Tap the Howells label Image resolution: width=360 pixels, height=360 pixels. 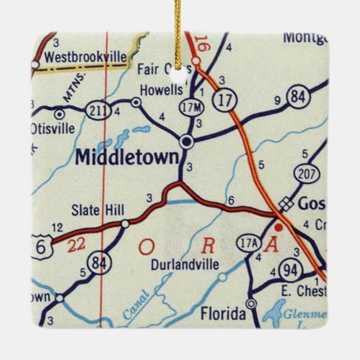[161, 90]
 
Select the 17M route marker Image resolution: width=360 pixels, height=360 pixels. [187, 106]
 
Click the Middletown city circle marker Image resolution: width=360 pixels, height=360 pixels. [187, 141]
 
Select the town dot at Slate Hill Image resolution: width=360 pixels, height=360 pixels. [125, 224]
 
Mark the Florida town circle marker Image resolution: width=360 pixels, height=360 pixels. [252, 304]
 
